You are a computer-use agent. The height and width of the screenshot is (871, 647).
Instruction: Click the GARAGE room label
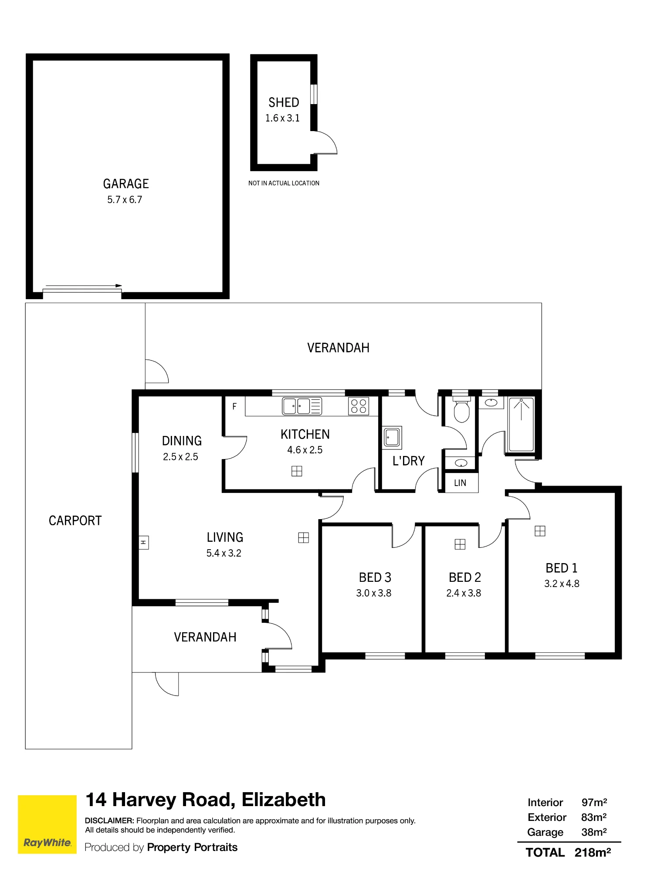click(x=126, y=184)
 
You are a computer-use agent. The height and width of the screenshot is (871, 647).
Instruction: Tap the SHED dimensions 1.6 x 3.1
click(x=282, y=118)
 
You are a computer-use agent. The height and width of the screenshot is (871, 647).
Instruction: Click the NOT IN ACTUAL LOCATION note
click(x=284, y=183)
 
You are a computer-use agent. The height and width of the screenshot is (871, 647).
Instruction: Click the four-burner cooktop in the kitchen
click(x=359, y=406)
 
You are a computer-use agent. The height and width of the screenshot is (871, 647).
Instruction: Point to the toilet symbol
click(x=461, y=409)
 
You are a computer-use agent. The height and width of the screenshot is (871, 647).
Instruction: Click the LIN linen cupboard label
click(x=460, y=483)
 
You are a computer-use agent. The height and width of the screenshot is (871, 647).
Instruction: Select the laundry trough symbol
click(x=392, y=437)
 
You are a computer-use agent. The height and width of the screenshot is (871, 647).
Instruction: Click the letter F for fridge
click(x=234, y=406)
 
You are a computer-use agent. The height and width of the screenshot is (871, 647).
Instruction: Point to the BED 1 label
click(x=561, y=568)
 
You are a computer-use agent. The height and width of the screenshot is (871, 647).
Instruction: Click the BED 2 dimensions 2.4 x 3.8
click(x=464, y=593)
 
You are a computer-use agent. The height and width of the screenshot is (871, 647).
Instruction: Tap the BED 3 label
click(x=375, y=577)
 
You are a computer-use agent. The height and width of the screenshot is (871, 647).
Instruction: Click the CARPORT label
click(x=75, y=521)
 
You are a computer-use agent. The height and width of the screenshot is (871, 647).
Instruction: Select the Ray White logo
click(x=47, y=824)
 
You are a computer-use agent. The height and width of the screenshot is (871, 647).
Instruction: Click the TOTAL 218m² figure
click(x=568, y=853)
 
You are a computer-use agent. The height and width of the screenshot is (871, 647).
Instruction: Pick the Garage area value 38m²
click(x=594, y=832)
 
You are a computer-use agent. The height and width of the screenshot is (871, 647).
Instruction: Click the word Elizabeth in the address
click(x=284, y=800)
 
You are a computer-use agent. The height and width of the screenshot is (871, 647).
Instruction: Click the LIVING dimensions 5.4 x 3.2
click(x=224, y=553)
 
